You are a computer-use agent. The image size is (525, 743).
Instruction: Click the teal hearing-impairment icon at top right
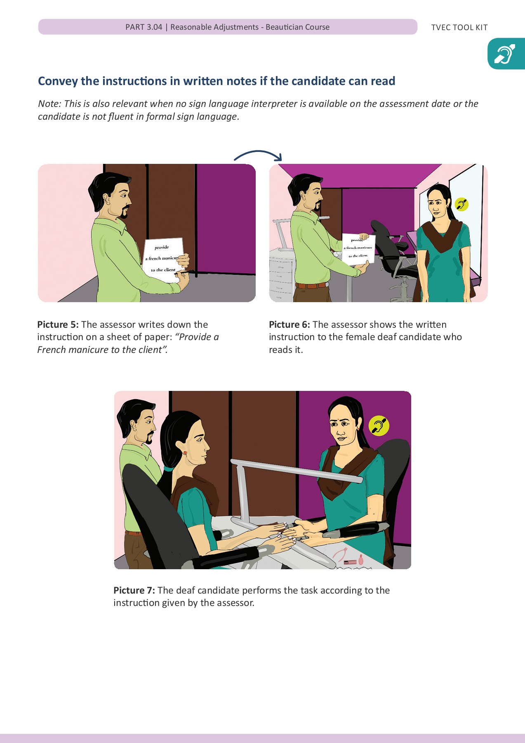point(506,54)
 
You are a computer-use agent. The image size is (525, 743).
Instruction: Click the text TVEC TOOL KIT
point(459,28)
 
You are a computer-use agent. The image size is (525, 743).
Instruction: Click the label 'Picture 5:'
point(58,324)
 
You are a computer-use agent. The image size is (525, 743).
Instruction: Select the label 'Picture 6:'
point(289,324)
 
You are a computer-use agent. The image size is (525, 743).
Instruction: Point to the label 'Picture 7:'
point(134,590)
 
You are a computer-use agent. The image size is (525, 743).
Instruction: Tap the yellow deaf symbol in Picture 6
point(461,204)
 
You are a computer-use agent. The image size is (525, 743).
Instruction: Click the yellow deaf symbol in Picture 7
point(379,426)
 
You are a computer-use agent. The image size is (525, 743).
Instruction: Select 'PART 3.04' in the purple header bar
point(144,27)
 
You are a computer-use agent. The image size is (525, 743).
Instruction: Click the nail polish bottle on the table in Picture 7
point(360,560)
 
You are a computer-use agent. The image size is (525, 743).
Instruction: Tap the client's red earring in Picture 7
point(185,453)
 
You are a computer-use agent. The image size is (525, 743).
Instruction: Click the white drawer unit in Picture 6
point(282,274)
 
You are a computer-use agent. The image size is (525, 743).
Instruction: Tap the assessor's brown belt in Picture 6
point(312,285)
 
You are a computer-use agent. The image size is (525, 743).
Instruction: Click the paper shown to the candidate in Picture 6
point(358,249)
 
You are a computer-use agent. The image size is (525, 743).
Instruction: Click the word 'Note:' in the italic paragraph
point(49,104)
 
